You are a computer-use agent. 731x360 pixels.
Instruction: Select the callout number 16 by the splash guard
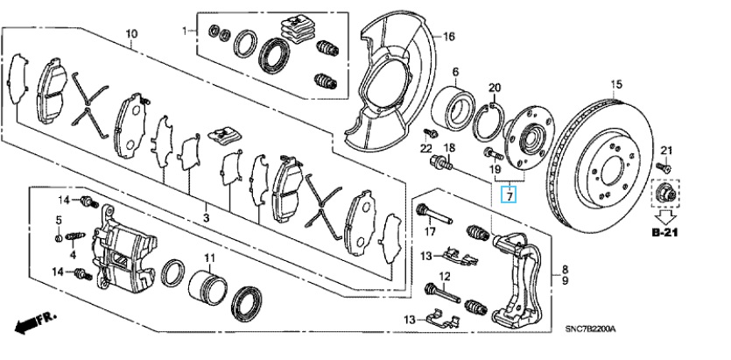[x=448, y=36]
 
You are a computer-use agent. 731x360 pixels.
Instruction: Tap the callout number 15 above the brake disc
[x=616, y=84]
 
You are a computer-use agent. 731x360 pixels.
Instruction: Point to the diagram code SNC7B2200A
[x=590, y=329]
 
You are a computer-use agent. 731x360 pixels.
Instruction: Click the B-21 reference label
[x=664, y=232]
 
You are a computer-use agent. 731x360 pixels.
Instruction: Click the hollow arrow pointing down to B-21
[x=667, y=217]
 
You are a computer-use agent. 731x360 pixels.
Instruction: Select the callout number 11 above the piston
[x=210, y=257]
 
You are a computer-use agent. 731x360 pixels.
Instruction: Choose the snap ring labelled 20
[x=489, y=121]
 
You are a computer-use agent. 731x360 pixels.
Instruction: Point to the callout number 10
[x=131, y=33]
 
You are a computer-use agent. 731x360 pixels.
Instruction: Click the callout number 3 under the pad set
[x=206, y=217]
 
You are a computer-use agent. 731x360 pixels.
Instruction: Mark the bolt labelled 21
[x=664, y=166]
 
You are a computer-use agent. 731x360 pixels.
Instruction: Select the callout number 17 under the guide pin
[x=430, y=231]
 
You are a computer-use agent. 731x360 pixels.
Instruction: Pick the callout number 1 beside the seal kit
[x=185, y=31]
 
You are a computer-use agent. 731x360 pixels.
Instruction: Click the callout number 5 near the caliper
[x=59, y=219]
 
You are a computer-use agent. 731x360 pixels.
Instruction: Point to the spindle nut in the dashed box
[x=664, y=193]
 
